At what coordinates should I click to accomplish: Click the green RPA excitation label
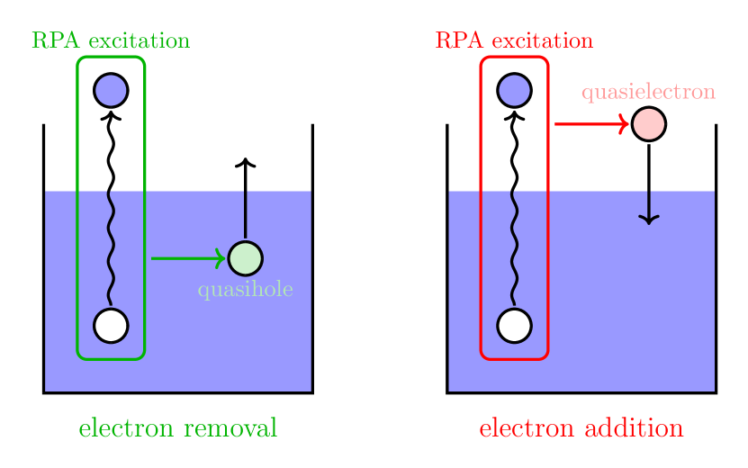(111, 40)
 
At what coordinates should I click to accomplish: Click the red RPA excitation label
(514, 40)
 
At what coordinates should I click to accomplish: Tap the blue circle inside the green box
(111, 90)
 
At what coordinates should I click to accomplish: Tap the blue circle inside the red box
(514, 90)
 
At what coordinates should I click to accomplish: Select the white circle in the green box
(111, 325)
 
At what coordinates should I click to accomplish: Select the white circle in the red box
(514, 325)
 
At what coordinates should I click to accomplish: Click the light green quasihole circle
(245, 258)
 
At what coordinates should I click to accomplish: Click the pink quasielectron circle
(648, 124)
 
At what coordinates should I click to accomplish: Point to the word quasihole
(245, 291)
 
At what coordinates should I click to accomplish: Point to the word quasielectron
(648, 92)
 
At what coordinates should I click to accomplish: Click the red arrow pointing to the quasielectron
(590, 124)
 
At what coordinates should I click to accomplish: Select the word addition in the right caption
(635, 428)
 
